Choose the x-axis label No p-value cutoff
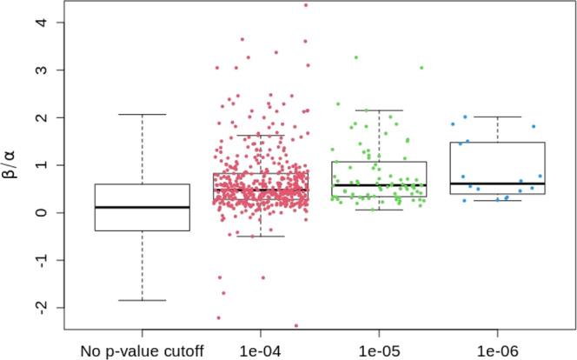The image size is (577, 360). [x=143, y=350]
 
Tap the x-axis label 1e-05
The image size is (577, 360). [x=379, y=350]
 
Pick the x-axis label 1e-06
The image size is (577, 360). [x=497, y=350]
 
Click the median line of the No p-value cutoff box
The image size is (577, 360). [x=143, y=207]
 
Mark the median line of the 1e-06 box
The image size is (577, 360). [x=497, y=183]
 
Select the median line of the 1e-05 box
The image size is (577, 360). [x=379, y=185]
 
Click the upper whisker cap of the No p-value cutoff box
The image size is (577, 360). [x=143, y=114]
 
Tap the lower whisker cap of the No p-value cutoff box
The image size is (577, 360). [x=143, y=300]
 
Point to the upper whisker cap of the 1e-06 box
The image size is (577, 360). [x=497, y=117]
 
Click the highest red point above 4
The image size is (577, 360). [x=305, y=5]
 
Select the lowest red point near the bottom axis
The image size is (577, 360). [x=295, y=326]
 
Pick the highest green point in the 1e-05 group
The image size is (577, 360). [x=355, y=57]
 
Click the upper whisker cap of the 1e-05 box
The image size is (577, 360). [x=379, y=110]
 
